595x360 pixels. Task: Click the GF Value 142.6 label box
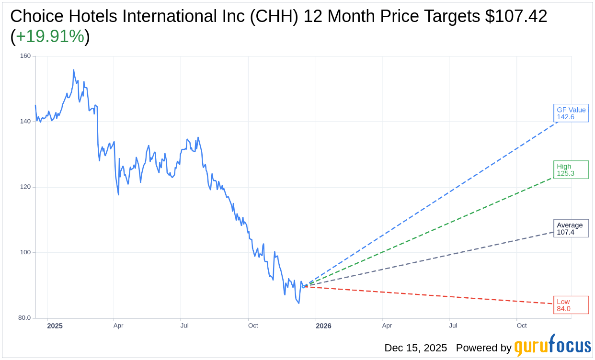571,113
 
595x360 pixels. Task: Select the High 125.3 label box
571,170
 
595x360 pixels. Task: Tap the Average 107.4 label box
571,228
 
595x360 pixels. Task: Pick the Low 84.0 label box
571,305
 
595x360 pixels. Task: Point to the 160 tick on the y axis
25,56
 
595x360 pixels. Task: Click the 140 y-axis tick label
25,122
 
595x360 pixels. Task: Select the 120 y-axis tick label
25,187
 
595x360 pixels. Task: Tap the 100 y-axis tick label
25,252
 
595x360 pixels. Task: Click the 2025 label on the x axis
55,326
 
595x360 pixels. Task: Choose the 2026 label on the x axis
323,326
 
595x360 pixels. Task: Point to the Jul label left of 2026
184,326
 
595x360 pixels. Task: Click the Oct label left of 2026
253,326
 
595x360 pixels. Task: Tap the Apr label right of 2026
387,326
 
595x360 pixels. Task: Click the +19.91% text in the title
50,37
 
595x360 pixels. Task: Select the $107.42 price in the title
516,17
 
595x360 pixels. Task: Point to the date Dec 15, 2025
415,348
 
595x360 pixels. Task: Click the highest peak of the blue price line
73,70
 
